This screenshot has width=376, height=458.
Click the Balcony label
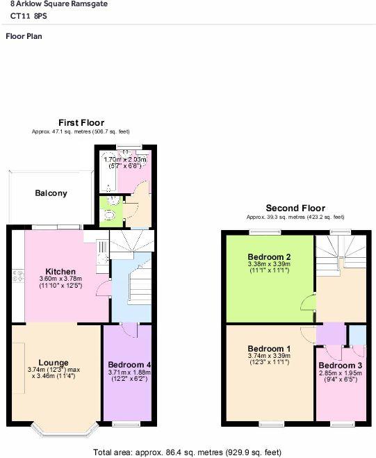[x=51, y=193]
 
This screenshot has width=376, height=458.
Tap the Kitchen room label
[x=60, y=271]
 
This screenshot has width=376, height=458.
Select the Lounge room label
[x=54, y=363]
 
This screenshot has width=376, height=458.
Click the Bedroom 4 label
[x=129, y=365]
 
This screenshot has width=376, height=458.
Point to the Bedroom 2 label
[x=269, y=257]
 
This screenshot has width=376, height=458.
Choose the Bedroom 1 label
[x=269, y=349]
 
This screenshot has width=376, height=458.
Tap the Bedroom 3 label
[x=340, y=366]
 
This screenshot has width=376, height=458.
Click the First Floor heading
[x=81, y=123]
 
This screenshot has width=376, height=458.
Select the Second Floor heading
[x=295, y=208]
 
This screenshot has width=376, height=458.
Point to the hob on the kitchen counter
[x=18, y=276]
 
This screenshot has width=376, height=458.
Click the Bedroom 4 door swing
[x=129, y=331]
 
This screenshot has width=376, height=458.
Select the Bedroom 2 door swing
[x=308, y=303]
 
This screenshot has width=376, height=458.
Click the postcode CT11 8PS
[x=28, y=16]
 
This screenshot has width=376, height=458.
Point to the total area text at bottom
[x=187, y=452]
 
